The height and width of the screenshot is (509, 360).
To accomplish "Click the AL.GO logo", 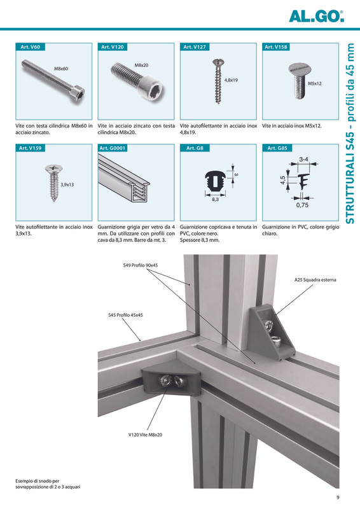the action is [316, 17].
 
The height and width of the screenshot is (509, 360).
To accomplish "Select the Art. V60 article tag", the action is [30, 46].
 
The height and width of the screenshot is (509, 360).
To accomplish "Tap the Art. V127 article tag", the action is [195, 46].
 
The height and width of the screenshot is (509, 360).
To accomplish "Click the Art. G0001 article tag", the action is [113, 148].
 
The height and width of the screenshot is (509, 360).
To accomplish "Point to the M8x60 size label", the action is [61, 69].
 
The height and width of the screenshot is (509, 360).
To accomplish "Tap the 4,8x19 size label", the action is [231, 80].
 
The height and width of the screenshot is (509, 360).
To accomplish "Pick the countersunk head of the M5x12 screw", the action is [300, 70].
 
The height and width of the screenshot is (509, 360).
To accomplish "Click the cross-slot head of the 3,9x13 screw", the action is [54, 169].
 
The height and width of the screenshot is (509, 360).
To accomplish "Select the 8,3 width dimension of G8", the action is [215, 200].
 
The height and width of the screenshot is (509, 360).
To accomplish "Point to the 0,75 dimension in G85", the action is [302, 205].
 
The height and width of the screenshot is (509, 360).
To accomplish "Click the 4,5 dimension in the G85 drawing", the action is [283, 180].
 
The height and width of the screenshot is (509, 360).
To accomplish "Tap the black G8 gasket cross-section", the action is [215, 181].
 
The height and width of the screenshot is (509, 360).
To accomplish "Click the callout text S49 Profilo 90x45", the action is [141, 265].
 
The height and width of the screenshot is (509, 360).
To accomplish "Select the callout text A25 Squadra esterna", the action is [315, 280].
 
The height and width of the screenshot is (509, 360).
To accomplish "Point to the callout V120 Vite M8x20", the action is [145, 435].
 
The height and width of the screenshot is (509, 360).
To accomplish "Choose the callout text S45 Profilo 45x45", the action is [125, 315].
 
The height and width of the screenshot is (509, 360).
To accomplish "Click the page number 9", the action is [338, 498].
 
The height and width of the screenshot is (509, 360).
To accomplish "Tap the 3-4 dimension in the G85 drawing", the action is [303, 160].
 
